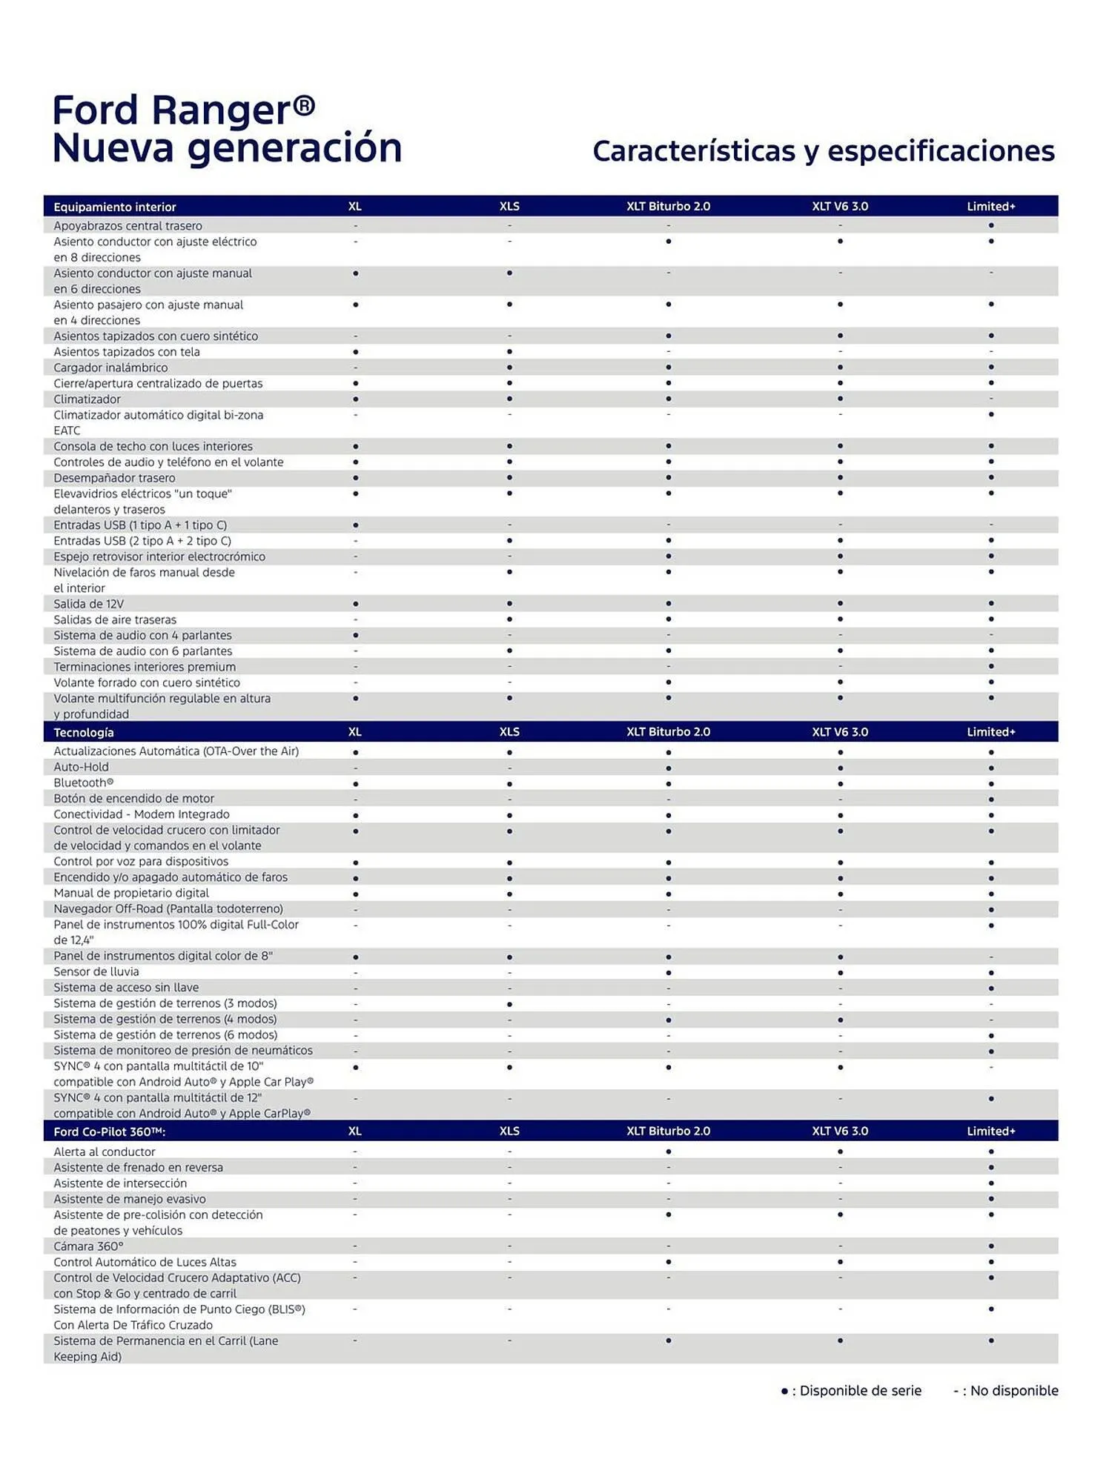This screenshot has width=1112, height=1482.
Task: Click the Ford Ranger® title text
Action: (183, 110)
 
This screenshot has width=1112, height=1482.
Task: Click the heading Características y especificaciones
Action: (823, 151)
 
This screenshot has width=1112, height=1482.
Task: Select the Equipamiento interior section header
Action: (115, 207)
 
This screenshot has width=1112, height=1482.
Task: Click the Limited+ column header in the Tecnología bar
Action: (990, 732)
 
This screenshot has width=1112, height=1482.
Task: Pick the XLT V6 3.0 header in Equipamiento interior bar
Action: (839, 206)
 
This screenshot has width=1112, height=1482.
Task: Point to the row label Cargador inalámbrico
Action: (110, 368)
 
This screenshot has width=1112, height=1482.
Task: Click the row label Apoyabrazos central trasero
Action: (128, 226)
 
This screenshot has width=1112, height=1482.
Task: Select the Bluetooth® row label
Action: (83, 783)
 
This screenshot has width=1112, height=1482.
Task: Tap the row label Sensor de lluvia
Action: (96, 971)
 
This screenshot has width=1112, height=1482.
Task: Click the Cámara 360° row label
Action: (88, 1246)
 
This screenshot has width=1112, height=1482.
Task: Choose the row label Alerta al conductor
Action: (105, 1152)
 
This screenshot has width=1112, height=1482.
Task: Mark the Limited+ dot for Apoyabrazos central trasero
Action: (991, 225)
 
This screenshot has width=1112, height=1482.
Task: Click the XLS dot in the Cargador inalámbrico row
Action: (509, 368)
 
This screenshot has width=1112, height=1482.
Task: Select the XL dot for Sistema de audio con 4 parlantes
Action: (356, 635)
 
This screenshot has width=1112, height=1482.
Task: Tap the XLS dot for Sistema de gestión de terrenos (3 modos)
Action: (509, 1004)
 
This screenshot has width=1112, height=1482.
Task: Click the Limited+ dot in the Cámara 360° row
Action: (991, 1246)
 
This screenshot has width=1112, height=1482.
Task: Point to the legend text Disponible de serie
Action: (860, 1391)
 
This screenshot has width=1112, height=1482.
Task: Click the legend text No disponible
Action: (1013, 1391)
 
